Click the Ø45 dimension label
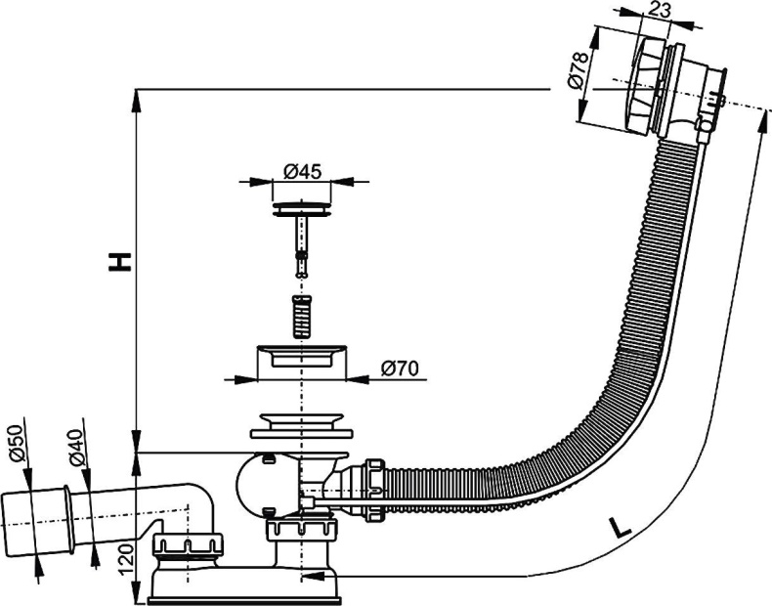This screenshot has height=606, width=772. point(303,171)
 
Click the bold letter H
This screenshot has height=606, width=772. point(118,262)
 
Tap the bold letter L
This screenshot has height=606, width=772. point(619,529)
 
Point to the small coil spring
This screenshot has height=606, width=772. point(302,314)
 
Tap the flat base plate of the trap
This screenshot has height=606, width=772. point(244,590)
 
